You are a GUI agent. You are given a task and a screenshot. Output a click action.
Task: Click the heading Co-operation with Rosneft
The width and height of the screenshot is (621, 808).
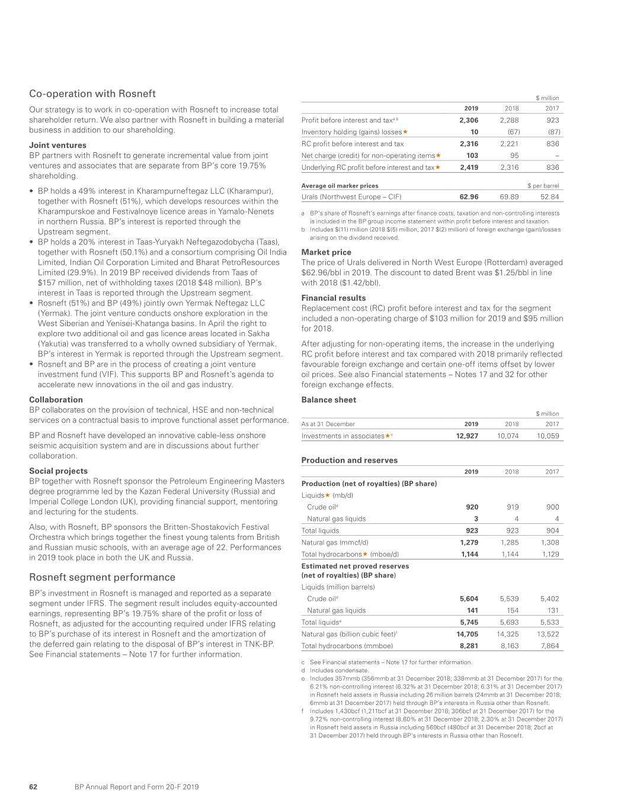pyautogui.click(x=92, y=94)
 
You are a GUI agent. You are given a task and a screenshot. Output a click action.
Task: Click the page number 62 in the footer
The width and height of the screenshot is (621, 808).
pyautogui.click(x=33, y=787)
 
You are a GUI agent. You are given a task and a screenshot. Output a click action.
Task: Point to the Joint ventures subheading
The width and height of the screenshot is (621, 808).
pyautogui.click(x=57, y=145)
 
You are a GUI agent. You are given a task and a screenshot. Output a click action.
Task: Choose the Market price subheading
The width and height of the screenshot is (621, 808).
pyautogui.click(x=326, y=252)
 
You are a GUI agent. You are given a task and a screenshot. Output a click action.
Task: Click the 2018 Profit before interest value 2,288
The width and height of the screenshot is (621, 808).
pyautogui.click(x=509, y=120)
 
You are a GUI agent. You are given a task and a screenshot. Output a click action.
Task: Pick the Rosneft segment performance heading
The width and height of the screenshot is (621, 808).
pyautogui.click(x=102, y=577)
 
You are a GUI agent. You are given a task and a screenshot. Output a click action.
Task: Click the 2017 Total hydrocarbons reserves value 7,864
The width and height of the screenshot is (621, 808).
pyautogui.click(x=549, y=646)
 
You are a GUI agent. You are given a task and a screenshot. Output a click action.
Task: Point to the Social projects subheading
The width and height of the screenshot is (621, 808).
pyautogui.click(x=58, y=471)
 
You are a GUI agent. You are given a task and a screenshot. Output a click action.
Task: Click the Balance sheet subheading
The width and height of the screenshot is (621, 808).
pyautogui.click(x=329, y=400)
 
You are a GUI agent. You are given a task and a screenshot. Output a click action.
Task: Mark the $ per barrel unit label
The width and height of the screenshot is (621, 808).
pyautogui.click(x=543, y=186)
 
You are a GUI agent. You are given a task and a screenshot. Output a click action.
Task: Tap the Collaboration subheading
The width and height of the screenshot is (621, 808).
pyautogui.click(x=56, y=400)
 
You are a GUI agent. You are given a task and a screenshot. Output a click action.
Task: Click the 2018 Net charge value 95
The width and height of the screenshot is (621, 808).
pyautogui.click(x=514, y=156)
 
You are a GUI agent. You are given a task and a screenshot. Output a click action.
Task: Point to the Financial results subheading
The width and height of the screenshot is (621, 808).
pyautogui.click(x=334, y=298)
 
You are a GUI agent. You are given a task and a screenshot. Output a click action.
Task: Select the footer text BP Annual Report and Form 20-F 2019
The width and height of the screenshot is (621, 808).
pyautogui.click(x=137, y=787)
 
